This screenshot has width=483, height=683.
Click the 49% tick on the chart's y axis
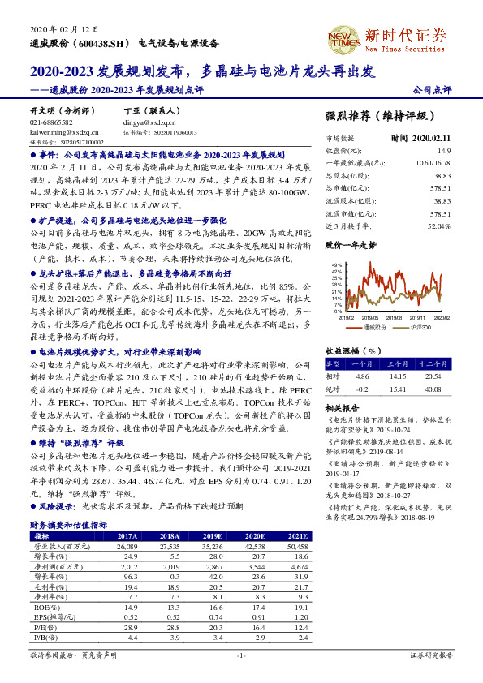click(x=337, y=265)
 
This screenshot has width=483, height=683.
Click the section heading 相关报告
click(x=342, y=407)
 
